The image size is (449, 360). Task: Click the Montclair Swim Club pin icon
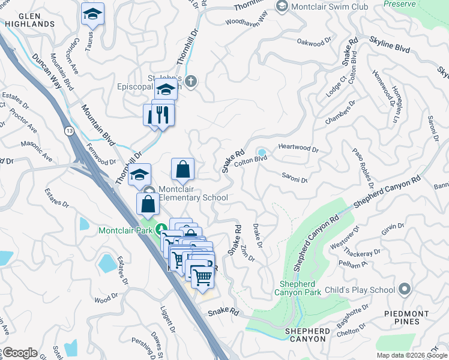(x=282, y=6)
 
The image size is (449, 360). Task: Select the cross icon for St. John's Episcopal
(x=191, y=81)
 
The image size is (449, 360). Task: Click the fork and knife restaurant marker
(x=160, y=113)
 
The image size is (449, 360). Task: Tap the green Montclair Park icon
(x=161, y=230)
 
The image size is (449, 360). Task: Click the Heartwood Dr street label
(x=298, y=148)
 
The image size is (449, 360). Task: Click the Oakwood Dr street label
(x=314, y=41)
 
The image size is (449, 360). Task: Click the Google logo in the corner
(x=19, y=353)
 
